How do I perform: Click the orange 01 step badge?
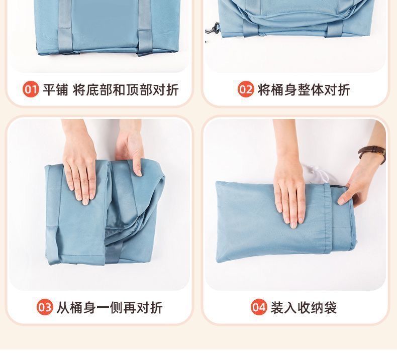click(31, 89)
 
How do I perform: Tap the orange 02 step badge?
click(246, 89)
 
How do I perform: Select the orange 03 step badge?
click(45, 307)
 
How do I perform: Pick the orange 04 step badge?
click(259, 307)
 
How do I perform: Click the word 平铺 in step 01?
click(55, 89)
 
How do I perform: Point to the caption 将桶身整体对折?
click(304, 89)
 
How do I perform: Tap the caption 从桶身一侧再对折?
click(110, 308)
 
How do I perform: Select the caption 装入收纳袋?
click(304, 308)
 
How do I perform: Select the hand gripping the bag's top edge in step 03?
click(130, 149)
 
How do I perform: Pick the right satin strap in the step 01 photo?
click(145, 28)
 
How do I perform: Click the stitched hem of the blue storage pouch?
click(327, 219)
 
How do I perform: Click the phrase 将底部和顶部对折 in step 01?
click(126, 89)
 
